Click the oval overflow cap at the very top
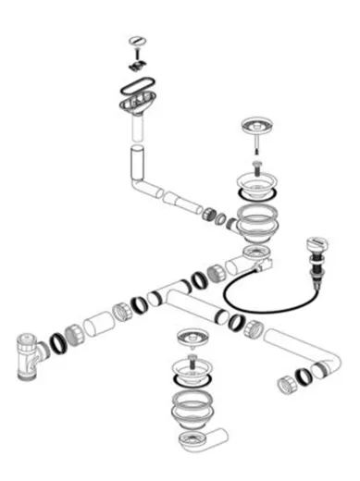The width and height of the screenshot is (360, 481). click(x=138, y=40)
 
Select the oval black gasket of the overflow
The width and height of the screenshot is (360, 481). click(x=140, y=92)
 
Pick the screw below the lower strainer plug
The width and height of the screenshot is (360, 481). click(x=192, y=357)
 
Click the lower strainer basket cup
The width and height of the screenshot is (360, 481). click(x=191, y=374)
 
